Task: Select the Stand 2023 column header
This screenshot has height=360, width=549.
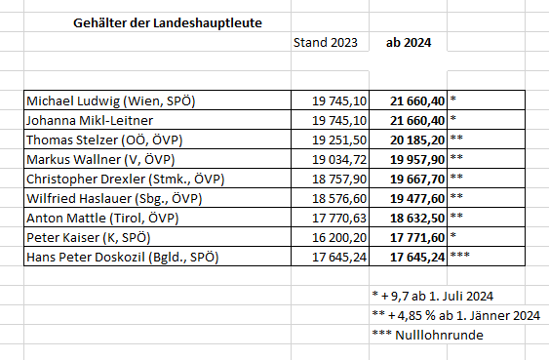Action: click(326, 43)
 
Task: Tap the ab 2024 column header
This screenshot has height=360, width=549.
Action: click(411, 43)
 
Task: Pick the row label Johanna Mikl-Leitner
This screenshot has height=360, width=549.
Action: click(87, 119)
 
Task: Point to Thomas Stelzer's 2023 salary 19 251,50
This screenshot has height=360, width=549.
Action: click(339, 140)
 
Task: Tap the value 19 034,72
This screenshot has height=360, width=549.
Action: click(339, 159)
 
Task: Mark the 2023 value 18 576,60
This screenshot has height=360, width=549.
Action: click(339, 198)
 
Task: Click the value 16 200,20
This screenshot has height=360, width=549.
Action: click(339, 237)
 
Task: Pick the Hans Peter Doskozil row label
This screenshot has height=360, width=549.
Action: click(123, 257)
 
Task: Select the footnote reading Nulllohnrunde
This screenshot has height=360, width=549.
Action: click(429, 336)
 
